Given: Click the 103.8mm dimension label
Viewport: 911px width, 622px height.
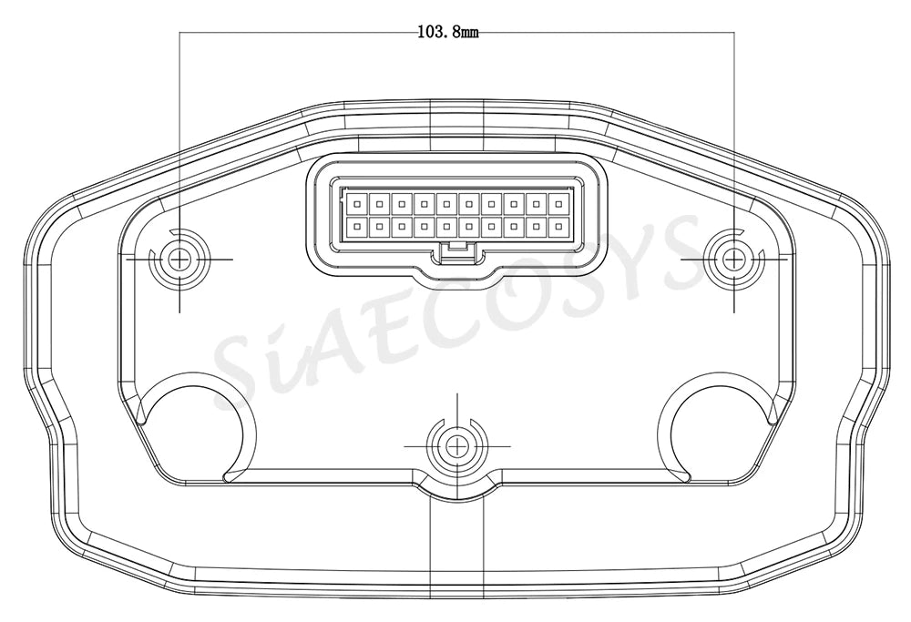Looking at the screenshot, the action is [x=448, y=32].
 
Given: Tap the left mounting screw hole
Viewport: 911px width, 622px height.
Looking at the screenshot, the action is [x=179, y=259].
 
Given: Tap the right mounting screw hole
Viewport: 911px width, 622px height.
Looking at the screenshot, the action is [x=733, y=259].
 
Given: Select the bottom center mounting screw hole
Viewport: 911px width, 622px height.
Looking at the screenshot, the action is [x=457, y=446].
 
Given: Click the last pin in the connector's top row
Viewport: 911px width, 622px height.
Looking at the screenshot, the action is [x=559, y=204].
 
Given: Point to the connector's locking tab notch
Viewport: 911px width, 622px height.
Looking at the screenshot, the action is [x=457, y=250].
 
